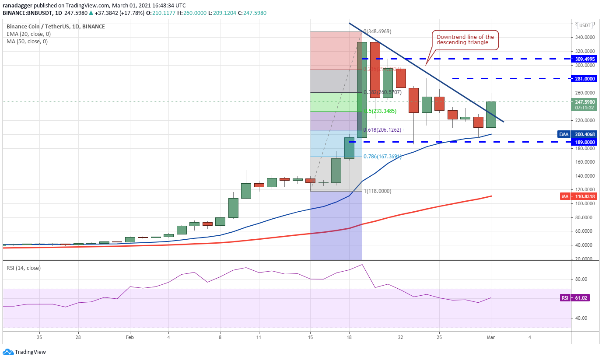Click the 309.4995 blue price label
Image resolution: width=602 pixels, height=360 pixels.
click(584, 58)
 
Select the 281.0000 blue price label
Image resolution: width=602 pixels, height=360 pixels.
click(584, 78)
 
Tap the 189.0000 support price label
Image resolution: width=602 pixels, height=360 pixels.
click(584, 142)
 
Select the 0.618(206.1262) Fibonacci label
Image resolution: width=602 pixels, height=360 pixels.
click(382, 130)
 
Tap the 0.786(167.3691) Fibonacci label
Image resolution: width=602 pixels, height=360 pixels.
click(382, 156)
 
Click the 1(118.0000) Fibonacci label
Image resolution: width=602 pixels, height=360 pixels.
click(378, 191)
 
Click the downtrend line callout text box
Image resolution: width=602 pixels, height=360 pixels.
click(465, 40)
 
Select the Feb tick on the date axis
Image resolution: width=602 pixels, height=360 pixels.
click(129, 337)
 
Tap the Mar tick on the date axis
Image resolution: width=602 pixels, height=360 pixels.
click(491, 337)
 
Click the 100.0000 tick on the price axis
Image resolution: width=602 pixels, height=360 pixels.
click(584, 203)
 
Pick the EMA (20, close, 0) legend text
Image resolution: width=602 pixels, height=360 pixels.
click(28, 34)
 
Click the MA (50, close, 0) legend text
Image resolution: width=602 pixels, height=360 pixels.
click(27, 42)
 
